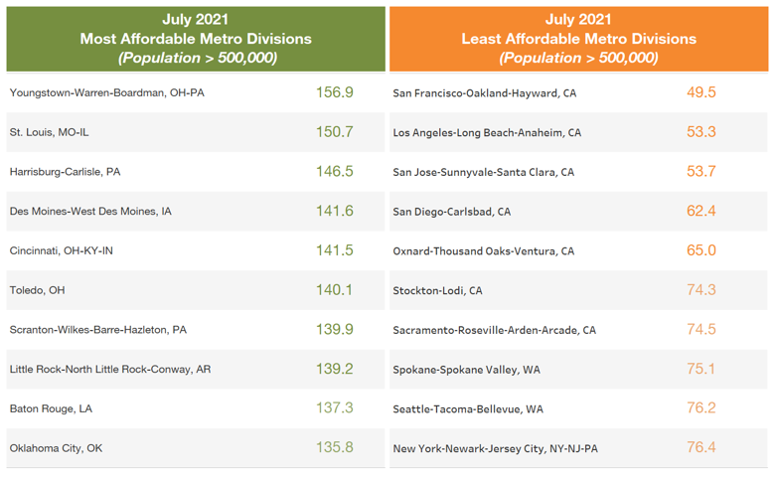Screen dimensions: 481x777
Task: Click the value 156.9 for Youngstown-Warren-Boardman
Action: pyautogui.click(x=335, y=92)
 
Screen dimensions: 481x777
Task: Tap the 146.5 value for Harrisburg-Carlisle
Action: pyautogui.click(x=335, y=171)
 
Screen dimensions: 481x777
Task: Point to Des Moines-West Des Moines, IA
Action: pyautogui.click(x=90, y=211)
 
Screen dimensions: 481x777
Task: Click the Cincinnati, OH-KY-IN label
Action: pyautogui.click(x=62, y=250)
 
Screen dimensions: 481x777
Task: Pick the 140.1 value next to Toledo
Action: pyautogui.click(x=335, y=289)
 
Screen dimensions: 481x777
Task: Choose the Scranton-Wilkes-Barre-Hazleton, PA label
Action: pyautogui.click(x=97, y=329)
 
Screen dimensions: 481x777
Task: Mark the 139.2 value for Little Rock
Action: pyautogui.click(x=335, y=369)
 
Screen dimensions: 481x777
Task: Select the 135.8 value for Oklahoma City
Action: pyautogui.click(x=335, y=447)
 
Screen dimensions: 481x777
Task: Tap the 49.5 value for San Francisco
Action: pyautogui.click(x=701, y=92)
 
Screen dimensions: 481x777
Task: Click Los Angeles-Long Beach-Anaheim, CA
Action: pyautogui.click(x=487, y=132)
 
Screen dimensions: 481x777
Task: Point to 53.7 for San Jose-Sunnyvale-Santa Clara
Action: pyautogui.click(x=701, y=171)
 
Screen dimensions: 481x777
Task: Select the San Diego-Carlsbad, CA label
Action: pyautogui.click(x=452, y=211)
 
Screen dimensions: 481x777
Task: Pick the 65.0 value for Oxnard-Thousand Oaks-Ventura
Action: pyautogui.click(x=701, y=250)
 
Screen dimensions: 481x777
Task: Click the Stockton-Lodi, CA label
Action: pyautogui.click(x=438, y=290)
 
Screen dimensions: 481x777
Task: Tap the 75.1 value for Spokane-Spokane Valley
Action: pyautogui.click(x=701, y=369)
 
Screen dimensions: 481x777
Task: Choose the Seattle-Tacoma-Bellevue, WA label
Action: pyautogui.click(x=468, y=408)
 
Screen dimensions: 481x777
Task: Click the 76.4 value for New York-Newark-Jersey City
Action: pyautogui.click(x=701, y=447)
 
